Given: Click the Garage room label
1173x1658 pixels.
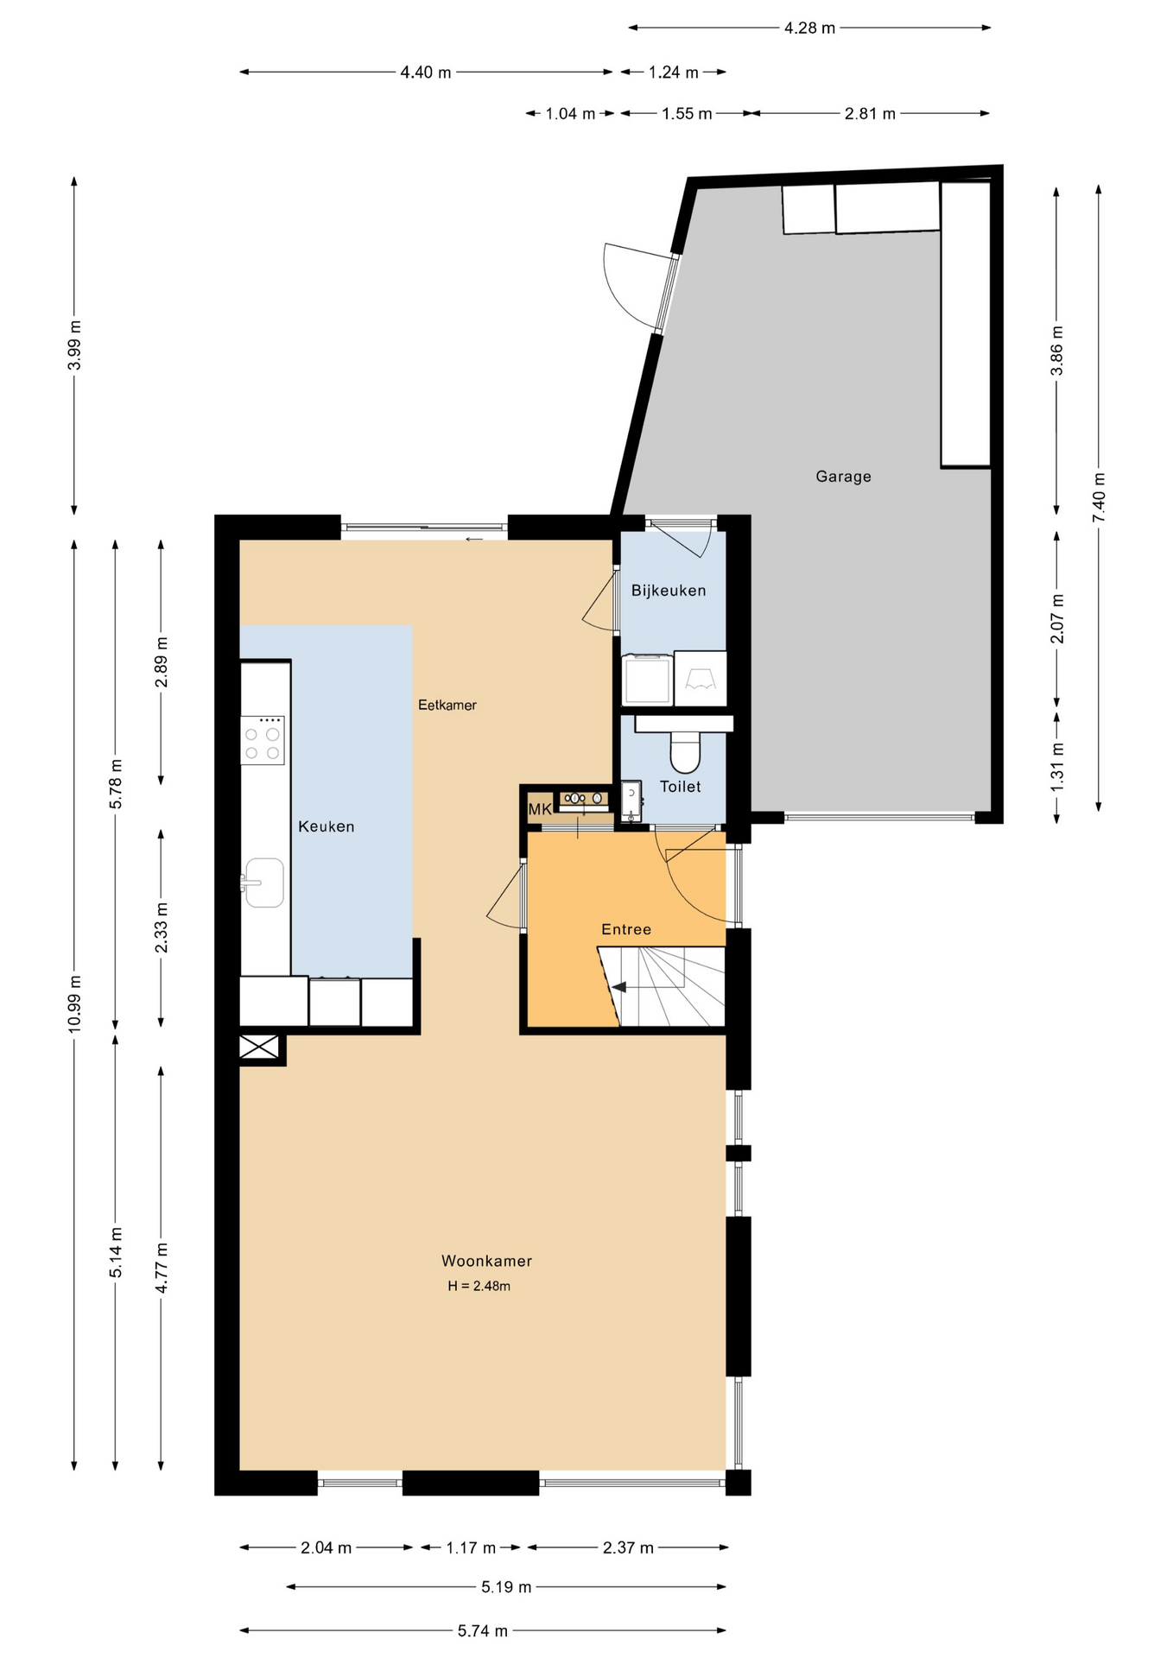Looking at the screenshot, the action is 843,476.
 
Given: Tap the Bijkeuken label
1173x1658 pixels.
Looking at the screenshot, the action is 669,591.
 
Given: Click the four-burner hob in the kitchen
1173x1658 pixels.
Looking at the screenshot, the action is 263,740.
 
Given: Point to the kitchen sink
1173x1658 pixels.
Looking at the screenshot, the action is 263,883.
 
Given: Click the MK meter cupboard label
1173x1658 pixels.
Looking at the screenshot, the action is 540,809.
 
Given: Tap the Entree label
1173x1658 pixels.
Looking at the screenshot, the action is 626,929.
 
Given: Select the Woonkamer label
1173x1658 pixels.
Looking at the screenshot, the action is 486,1261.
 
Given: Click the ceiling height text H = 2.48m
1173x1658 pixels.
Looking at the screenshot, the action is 479,1286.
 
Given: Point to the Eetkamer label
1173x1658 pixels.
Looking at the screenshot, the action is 447,705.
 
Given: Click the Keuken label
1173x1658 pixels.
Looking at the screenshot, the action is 327,826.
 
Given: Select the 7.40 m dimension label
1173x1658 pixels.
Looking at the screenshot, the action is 1099,497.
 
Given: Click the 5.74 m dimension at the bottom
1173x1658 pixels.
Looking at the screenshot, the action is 483,1631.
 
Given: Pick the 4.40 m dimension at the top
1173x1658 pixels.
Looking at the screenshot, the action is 426,73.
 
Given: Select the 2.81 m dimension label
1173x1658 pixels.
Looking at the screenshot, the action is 870,113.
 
